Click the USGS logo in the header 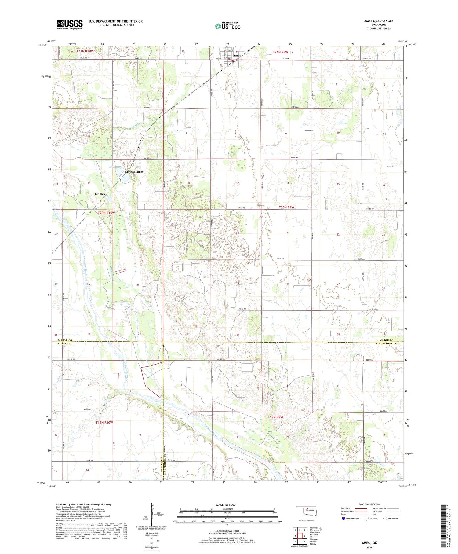click(x=70, y=24)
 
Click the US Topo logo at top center click(x=227, y=26)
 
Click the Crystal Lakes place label click(x=134, y=172)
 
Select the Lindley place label click(x=100, y=194)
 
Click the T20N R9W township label click(x=286, y=207)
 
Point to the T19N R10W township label click(x=104, y=423)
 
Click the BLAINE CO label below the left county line click(x=65, y=344)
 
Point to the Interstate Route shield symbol click(x=344, y=518)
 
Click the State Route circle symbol click(x=386, y=518)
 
